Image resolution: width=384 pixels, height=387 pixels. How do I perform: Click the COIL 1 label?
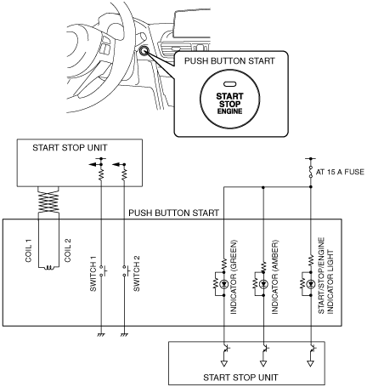pyautogui.click(x=28, y=251)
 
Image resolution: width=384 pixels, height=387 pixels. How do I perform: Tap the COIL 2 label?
pyautogui.click(x=68, y=250)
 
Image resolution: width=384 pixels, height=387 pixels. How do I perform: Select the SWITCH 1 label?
pyautogui.click(x=93, y=274)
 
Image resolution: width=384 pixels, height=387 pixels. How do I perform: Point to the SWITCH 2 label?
pyautogui.click(x=137, y=274)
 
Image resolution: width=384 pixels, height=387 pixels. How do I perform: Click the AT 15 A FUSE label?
pyautogui.click(x=340, y=172)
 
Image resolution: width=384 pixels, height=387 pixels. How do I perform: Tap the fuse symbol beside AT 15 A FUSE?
pyautogui.click(x=311, y=172)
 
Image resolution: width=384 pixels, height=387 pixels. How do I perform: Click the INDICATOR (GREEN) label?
pyautogui.click(x=234, y=277)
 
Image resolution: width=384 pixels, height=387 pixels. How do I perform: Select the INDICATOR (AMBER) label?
pyautogui.click(x=274, y=277)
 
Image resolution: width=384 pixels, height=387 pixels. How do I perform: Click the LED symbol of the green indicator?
pyautogui.click(x=224, y=283)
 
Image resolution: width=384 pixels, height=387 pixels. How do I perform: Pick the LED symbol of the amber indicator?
pyautogui.click(x=263, y=283)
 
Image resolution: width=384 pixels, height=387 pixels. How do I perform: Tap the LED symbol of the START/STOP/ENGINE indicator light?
pyautogui.click(x=311, y=283)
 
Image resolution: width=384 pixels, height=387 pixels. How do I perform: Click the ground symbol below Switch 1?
pyautogui.click(x=101, y=335)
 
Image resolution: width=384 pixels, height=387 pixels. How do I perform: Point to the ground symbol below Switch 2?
pyautogui.click(x=124, y=335)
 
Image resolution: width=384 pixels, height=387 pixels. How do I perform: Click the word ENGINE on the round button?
pyautogui.click(x=229, y=111)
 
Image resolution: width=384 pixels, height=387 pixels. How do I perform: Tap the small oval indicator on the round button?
pyautogui.click(x=229, y=84)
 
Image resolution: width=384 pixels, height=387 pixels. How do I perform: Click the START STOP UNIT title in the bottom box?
pyautogui.click(x=240, y=378)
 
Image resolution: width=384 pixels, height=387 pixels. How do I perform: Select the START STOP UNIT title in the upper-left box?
pyautogui.click(x=70, y=148)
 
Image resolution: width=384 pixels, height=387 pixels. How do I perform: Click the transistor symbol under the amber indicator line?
pyautogui.click(x=264, y=349)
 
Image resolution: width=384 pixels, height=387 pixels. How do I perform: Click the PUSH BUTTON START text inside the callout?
pyautogui.click(x=229, y=61)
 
